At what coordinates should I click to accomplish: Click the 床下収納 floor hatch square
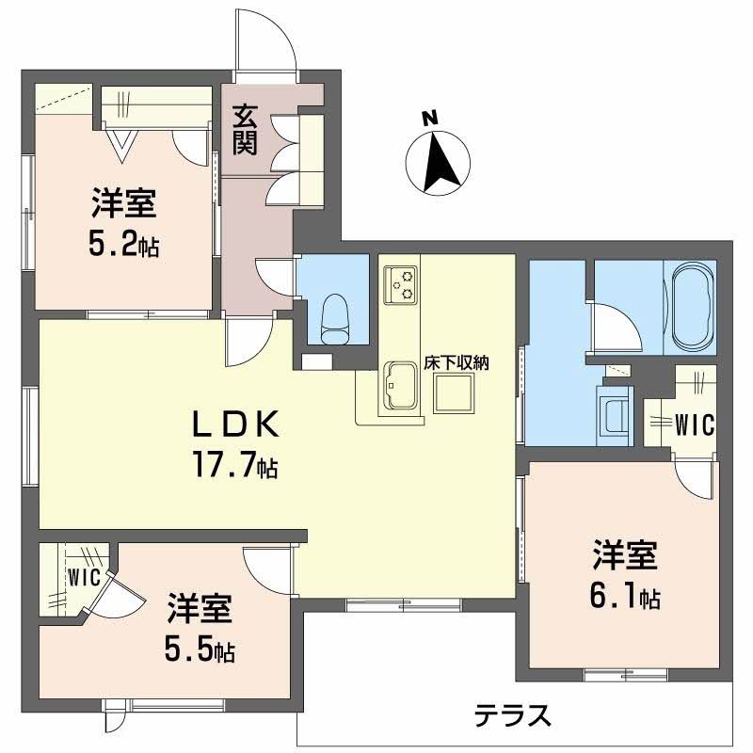click(453, 396)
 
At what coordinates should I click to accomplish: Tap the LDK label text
click(235, 426)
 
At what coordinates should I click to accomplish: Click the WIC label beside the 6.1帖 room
click(695, 425)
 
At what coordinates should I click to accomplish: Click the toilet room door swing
click(278, 275)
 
